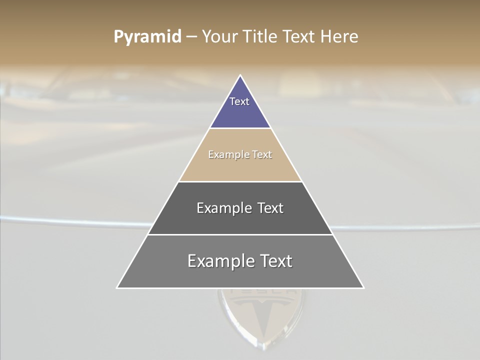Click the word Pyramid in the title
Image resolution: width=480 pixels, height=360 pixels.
[147, 37]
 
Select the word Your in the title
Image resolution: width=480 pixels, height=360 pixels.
[218, 36]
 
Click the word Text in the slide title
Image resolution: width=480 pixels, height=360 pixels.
[300, 36]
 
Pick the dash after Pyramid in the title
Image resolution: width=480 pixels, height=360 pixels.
[191, 37]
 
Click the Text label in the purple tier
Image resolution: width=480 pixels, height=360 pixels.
[239, 101]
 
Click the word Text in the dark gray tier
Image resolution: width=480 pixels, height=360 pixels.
[270, 208]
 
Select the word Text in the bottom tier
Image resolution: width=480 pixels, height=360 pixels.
[275, 261]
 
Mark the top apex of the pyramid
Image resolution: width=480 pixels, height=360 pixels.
[240, 76]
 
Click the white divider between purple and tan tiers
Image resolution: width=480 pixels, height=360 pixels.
[240, 128]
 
